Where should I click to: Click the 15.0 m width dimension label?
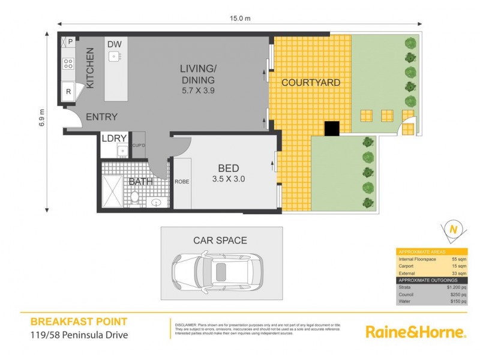tap(239, 19)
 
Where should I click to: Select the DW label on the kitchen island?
tap(114, 44)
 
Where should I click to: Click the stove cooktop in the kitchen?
tap(68, 63)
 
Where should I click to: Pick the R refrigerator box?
tap(68, 92)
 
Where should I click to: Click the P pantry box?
tap(70, 41)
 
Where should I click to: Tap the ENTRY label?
tap(101, 117)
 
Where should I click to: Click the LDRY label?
tap(113, 138)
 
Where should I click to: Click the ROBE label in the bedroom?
tap(182, 181)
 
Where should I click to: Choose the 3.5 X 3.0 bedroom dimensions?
tap(228, 178)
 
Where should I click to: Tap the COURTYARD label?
tap(311, 82)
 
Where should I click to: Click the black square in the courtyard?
tap(332, 128)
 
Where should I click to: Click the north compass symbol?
tap(454, 230)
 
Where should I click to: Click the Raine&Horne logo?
tap(415, 332)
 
